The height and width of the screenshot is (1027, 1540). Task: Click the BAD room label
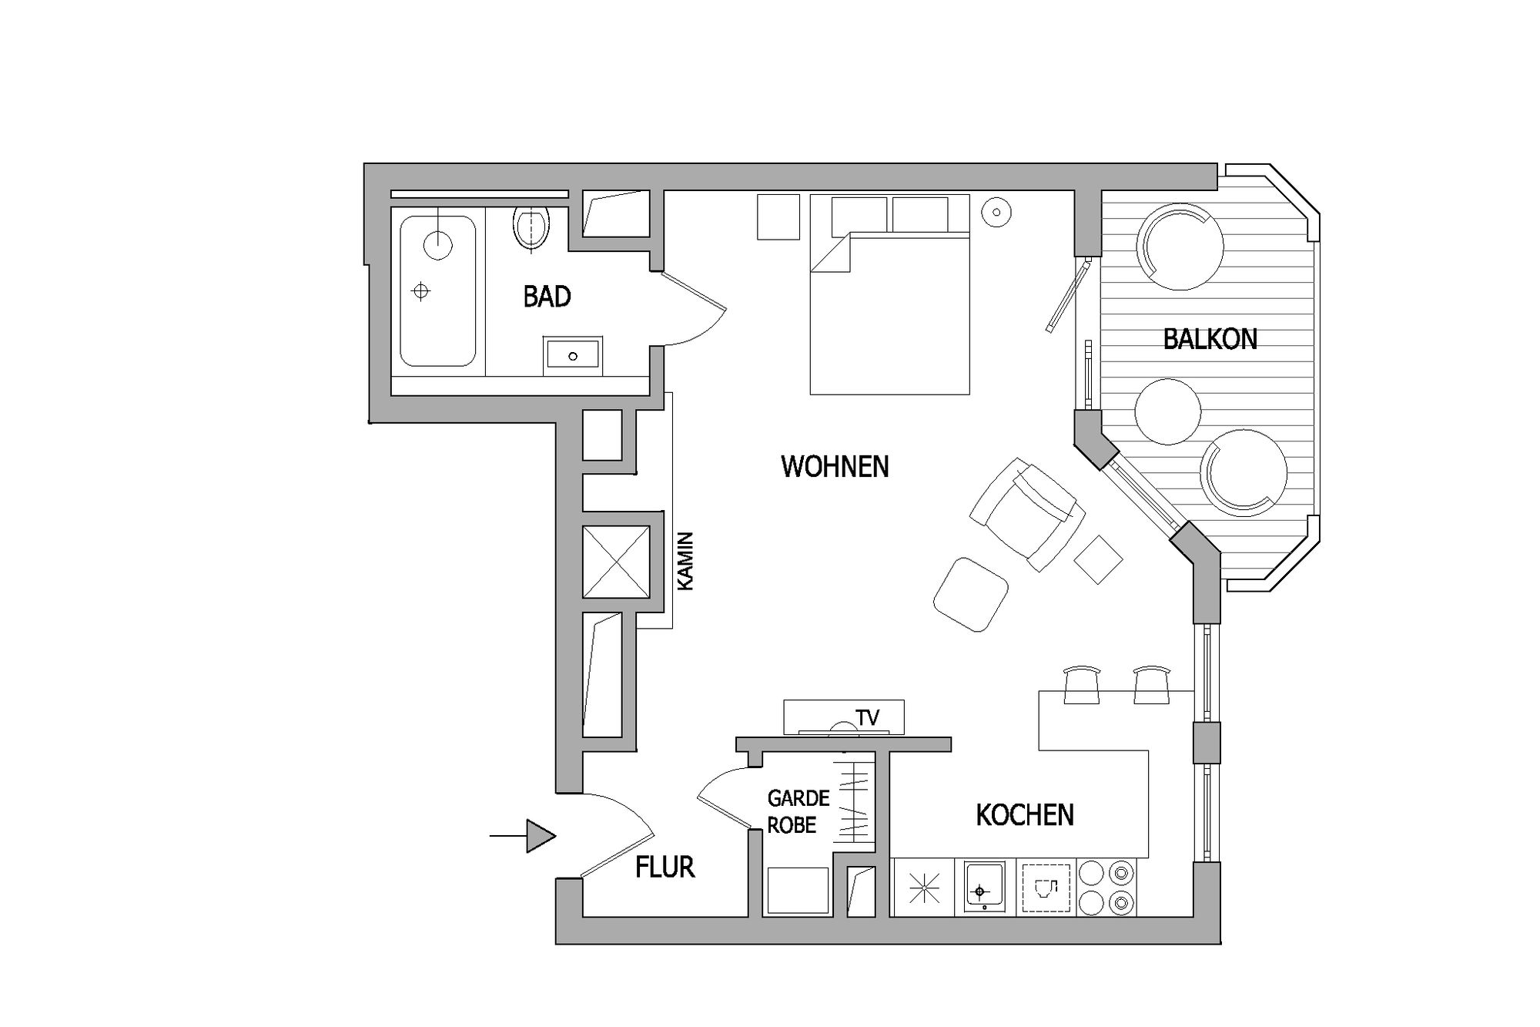tap(547, 297)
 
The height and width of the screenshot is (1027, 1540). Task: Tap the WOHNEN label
tap(835, 467)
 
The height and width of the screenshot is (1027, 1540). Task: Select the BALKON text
tap(1210, 339)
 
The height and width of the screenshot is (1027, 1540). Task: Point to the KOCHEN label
tap(1025, 815)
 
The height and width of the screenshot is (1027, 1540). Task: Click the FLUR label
tap(665, 868)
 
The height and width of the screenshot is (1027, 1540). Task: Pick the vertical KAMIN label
tap(685, 561)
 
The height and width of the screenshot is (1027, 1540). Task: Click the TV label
tap(868, 718)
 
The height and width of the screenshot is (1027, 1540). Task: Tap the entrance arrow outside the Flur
tap(523, 836)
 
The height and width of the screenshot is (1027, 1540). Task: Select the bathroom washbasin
tap(572, 356)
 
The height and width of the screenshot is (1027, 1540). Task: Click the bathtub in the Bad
tap(438, 290)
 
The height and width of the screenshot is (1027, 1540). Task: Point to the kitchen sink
tap(985, 888)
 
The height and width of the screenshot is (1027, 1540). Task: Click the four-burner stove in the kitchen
tap(1106, 888)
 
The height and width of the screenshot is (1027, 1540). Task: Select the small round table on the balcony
tap(1168, 411)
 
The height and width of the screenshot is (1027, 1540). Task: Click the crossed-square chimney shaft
tap(616, 562)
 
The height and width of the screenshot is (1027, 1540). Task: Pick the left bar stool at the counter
tap(1082, 685)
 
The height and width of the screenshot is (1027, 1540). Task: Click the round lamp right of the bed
tap(996, 211)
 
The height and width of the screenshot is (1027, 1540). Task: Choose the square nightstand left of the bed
tap(778, 217)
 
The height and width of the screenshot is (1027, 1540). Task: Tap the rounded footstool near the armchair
tap(971, 595)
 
